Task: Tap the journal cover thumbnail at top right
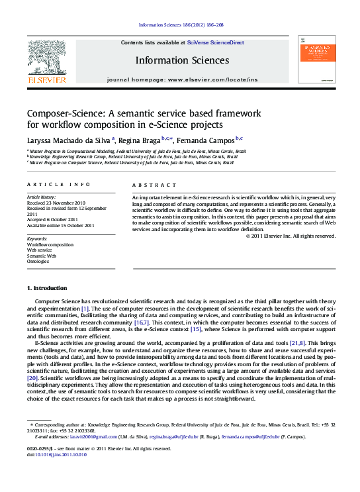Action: click(316, 59)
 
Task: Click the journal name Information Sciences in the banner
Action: click(182, 60)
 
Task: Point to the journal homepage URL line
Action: click(182, 79)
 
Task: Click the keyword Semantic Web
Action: click(42, 255)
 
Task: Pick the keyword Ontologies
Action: click(38, 260)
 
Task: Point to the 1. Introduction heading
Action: click(46, 289)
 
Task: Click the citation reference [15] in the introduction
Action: click(196, 328)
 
